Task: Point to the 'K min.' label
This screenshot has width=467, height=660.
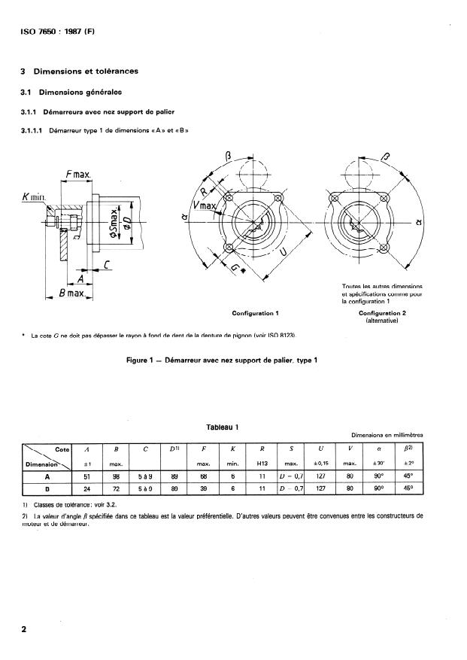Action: coord(32,198)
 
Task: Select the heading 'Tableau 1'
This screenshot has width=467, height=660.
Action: coord(223,427)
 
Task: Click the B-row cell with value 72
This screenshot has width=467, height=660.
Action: coord(116,488)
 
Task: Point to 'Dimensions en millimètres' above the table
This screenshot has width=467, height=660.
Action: coord(387,435)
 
